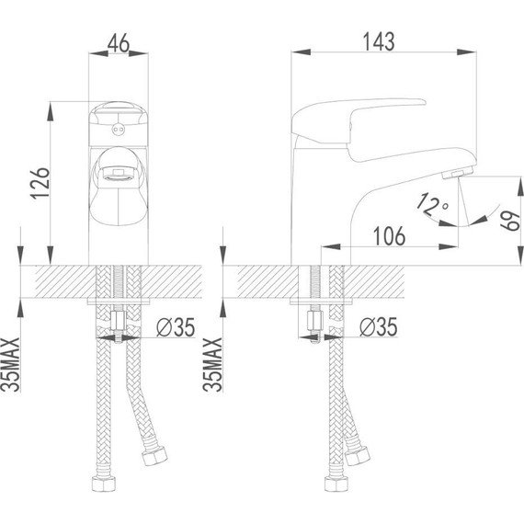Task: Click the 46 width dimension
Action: [119, 42]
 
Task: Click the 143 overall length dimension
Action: [379, 41]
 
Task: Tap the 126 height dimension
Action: [40, 183]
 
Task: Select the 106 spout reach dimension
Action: [389, 236]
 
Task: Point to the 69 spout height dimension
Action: [510, 221]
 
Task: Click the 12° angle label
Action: [432, 204]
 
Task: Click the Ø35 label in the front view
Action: [176, 327]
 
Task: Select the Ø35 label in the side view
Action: [379, 326]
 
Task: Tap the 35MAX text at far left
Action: [10, 364]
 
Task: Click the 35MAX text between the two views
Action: [212, 364]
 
